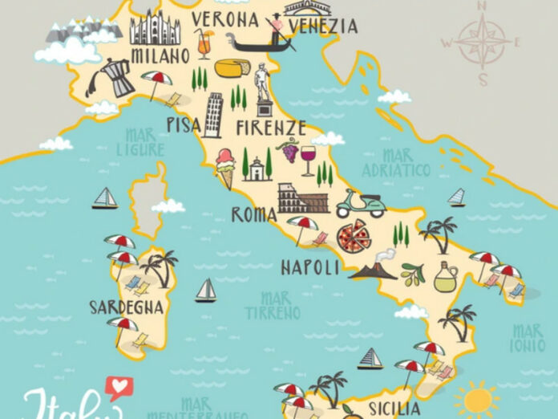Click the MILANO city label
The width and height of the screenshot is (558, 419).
point(160,55)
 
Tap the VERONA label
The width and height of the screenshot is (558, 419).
point(225,18)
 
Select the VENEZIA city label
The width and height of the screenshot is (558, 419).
point(322,26)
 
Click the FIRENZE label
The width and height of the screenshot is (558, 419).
point(271,128)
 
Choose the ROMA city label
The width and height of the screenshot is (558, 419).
point(254,214)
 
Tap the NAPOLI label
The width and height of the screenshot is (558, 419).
point(310,267)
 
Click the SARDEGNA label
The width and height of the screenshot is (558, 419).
point(127,307)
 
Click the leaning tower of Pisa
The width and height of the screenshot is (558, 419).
point(213,114)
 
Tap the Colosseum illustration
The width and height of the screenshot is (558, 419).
point(302,197)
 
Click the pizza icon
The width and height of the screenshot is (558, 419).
point(352,236)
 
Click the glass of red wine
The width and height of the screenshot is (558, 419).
point(308,159)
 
